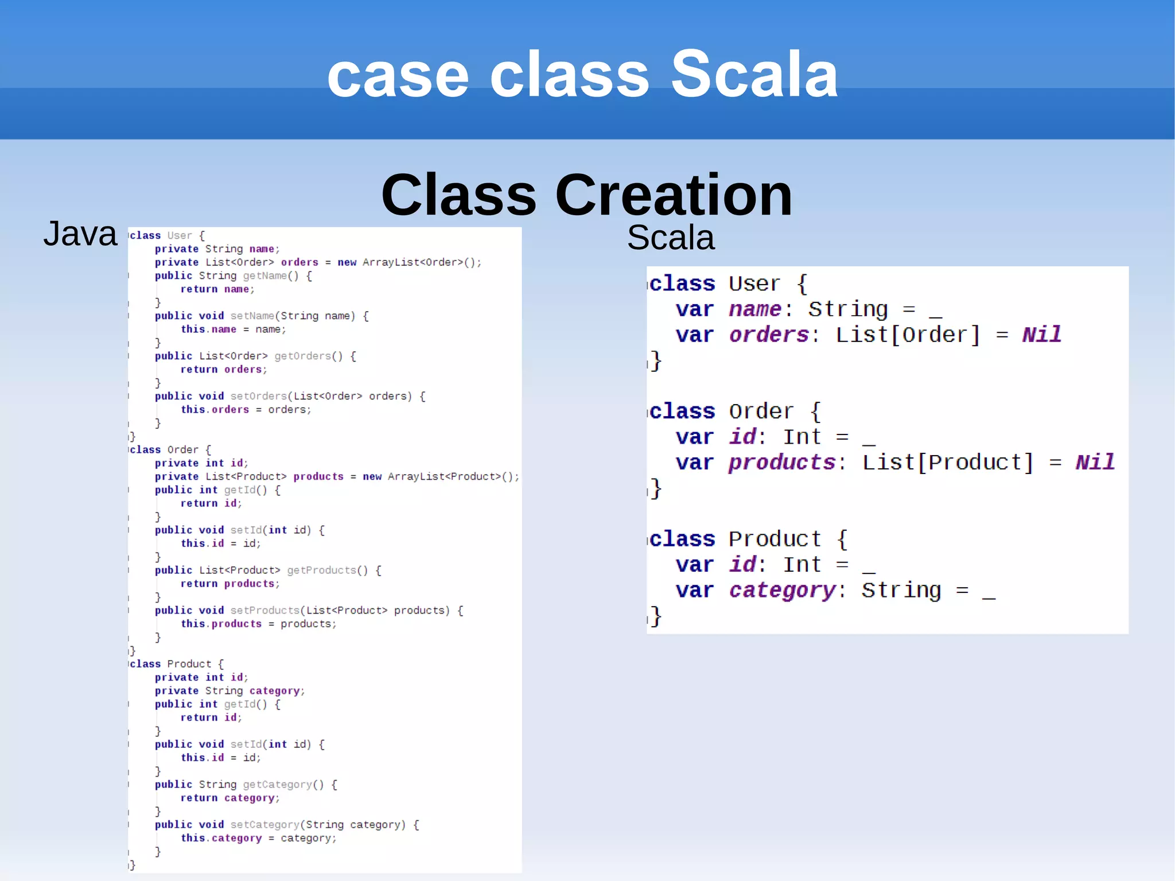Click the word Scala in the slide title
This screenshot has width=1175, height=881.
tap(754, 75)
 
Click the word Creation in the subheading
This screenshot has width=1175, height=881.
tap(674, 195)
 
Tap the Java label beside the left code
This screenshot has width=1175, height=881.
tap(80, 234)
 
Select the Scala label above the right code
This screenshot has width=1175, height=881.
tap(671, 238)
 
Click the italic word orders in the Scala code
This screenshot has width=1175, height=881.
tap(769, 335)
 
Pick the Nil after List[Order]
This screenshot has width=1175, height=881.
tap(1041, 335)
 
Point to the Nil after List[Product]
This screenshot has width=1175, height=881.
tap(1095, 462)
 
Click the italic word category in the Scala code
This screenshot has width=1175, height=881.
tap(782, 590)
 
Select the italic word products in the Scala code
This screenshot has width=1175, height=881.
tap(782, 462)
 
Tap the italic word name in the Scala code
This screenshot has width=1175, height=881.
tap(754, 309)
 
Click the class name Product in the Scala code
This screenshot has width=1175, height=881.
tap(775, 539)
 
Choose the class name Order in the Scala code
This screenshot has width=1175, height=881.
tap(761, 412)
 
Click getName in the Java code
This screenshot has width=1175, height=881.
tap(264, 275)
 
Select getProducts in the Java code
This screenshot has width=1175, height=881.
tap(321, 570)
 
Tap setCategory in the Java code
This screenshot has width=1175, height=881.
tap(264, 825)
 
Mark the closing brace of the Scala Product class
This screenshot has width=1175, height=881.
tap(656, 616)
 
